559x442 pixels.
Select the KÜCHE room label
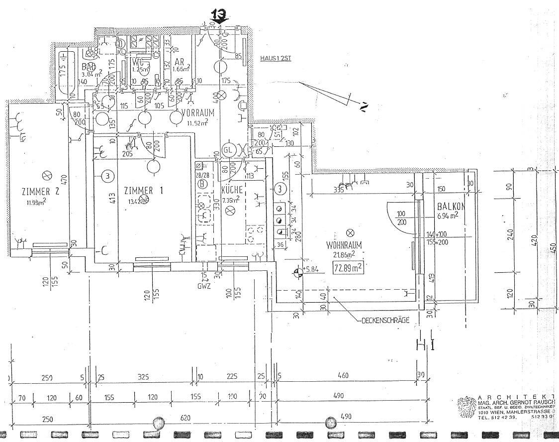[232, 190]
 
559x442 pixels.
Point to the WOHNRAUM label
[344, 245]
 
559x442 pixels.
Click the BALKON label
[451, 207]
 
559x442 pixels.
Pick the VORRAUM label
[197, 113]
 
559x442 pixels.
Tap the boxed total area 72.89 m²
[348, 267]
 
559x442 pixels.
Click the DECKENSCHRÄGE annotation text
[385, 320]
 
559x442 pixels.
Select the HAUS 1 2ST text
[275, 58]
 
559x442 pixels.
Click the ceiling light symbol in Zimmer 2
[48, 175]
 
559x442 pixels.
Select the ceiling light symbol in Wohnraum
[350, 232]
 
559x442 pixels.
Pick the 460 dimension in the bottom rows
[343, 375]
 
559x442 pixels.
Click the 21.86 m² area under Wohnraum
[344, 254]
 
